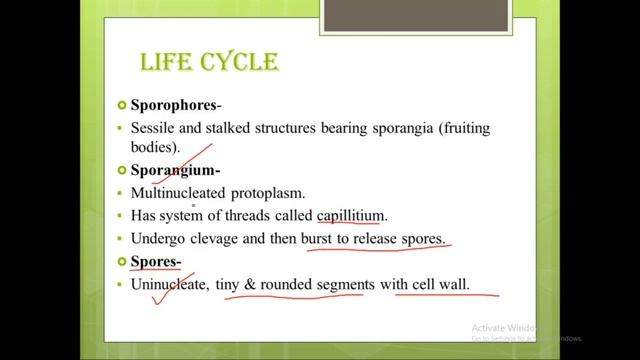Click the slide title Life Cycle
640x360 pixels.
209,64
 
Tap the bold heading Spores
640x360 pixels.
155,263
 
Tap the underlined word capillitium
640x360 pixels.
350,215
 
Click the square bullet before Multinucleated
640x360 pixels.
121,193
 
